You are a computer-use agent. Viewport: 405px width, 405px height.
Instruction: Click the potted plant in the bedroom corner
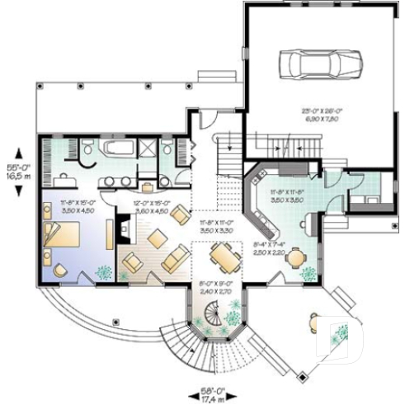(102, 272)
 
